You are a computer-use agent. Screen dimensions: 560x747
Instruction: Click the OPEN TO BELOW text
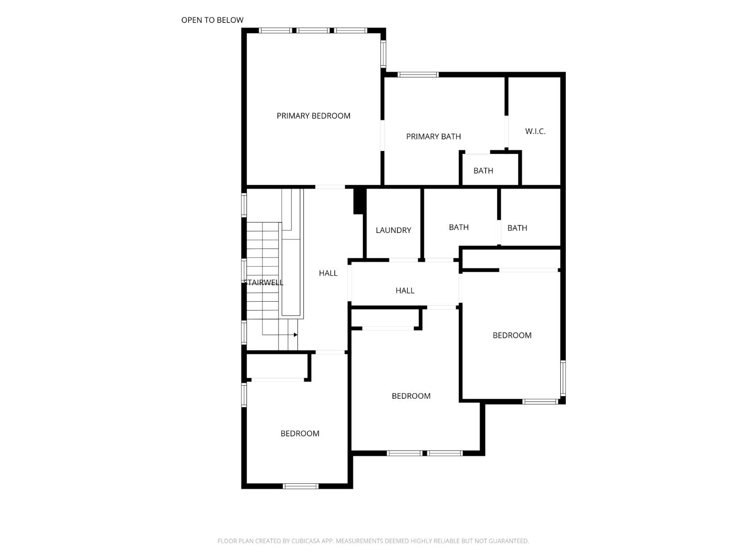click(212, 20)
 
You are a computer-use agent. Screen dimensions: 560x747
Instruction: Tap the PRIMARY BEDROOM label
click(313, 116)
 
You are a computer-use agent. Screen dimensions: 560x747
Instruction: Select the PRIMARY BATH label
click(433, 136)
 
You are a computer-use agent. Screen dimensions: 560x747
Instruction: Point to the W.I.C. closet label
click(535, 131)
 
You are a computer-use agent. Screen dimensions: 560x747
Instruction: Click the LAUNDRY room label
click(393, 230)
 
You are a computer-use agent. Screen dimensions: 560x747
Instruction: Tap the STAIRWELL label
click(263, 282)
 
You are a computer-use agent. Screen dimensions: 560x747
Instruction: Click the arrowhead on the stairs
click(295, 335)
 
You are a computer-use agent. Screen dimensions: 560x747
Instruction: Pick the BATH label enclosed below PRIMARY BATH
click(483, 171)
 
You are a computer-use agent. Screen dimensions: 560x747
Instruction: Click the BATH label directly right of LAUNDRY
click(458, 227)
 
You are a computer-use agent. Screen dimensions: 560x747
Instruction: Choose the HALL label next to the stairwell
click(328, 273)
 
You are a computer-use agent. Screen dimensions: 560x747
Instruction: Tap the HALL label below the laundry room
click(405, 290)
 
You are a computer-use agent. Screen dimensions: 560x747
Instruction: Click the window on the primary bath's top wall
click(418, 75)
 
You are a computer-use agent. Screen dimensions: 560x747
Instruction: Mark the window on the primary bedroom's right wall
click(383, 54)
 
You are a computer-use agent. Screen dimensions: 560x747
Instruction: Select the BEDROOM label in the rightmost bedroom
click(512, 335)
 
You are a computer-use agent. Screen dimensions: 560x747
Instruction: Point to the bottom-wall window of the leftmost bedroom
click(300, 486)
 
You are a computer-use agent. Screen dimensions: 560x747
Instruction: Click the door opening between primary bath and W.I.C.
click(506, 131)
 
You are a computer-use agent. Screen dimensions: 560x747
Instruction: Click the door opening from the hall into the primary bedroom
click(330, 187)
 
